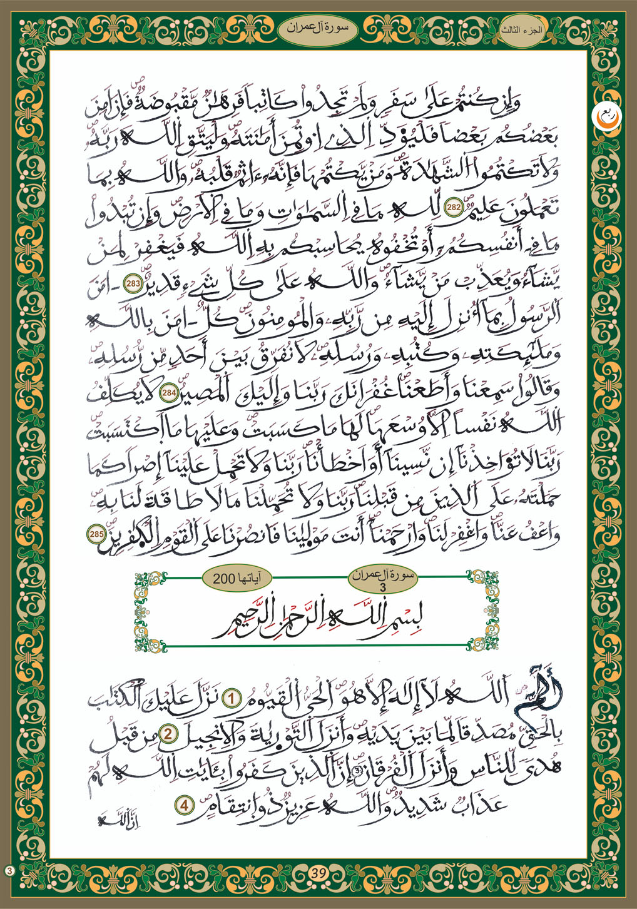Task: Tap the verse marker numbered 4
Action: point(185,805)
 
